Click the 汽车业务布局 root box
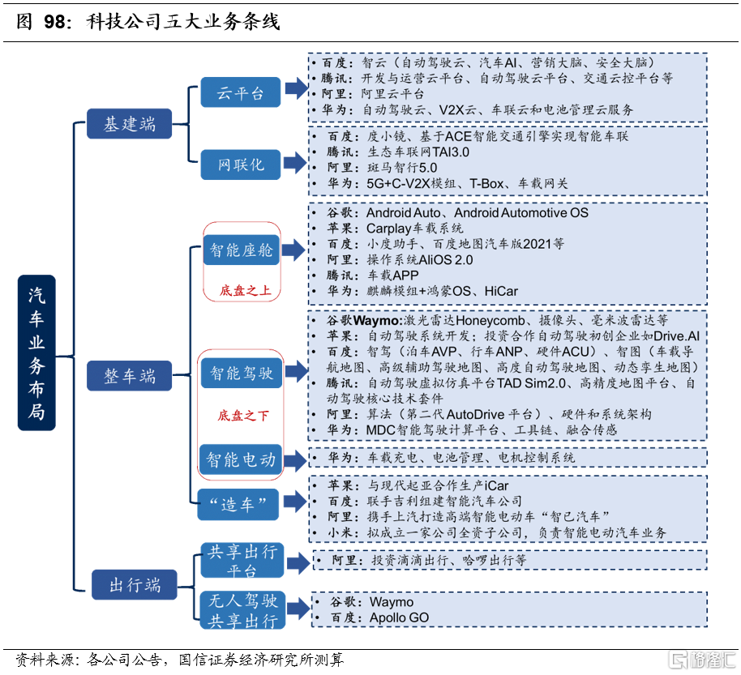point(37,352)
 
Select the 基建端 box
point(130,124)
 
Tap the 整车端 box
point(130,376)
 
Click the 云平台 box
point(240,93)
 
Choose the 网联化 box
point(241,164)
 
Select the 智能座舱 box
point(242,250)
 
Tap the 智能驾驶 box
point(242,373)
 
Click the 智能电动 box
point(242,459)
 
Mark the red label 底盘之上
point(244,289)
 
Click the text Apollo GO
point(399,617)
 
